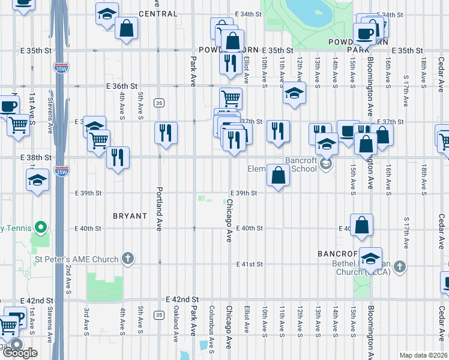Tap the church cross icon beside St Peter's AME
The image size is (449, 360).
click(x=127, y=259)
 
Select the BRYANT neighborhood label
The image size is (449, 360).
click(x=130, y=215)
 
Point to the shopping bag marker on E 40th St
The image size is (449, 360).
click(x=362, y=226)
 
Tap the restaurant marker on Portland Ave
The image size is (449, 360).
click(x=166, y=133)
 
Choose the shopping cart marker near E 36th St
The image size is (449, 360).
click(x=231, y=98)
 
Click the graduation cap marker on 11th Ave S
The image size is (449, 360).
click(x=294, y=93)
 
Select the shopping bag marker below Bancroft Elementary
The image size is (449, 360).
click(x=278, y=176)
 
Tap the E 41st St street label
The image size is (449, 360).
click(x=250, y=265)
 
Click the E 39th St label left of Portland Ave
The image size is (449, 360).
click(x=89, y=193)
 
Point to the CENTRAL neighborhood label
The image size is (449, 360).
click(x=158, y=14)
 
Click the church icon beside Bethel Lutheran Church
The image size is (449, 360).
click(x=400, y=266)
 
